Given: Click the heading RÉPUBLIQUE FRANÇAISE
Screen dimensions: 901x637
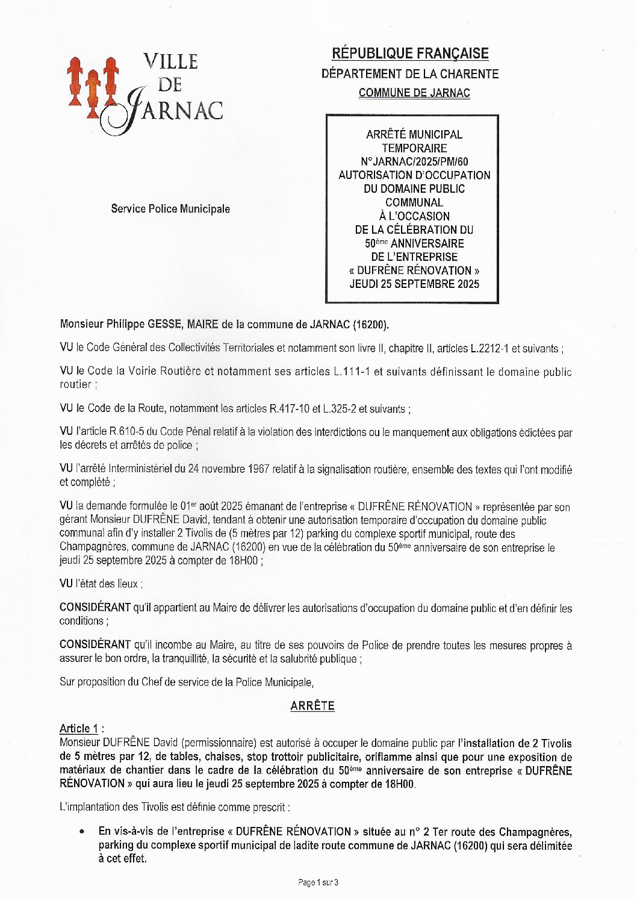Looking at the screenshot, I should [x=410, y=54].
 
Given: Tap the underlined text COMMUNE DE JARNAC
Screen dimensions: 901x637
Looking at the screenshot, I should [x=414, y=93].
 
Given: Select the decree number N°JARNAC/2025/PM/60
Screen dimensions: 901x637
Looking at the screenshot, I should [x=414, y=161].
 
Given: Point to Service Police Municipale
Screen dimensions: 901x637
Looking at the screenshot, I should [x=170, y=209].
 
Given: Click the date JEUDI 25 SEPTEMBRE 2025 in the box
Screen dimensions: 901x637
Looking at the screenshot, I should [x=414, y=284].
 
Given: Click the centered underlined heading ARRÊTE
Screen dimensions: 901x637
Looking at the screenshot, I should [x=312, y=706].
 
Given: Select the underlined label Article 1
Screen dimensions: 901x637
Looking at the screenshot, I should [x=79, y=729].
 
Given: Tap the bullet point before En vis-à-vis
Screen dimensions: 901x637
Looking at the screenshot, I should [x=82, y=832].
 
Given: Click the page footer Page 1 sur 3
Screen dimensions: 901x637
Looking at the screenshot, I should [x=318, y=882].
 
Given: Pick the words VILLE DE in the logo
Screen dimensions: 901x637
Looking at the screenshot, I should [x=170, y=72].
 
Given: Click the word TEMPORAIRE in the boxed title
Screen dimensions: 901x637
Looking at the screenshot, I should [x=414, y=148].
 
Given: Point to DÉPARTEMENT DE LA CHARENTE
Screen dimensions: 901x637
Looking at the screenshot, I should [x=410, y=74].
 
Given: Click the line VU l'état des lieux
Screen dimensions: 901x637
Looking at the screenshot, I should [x=101, y=584].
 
